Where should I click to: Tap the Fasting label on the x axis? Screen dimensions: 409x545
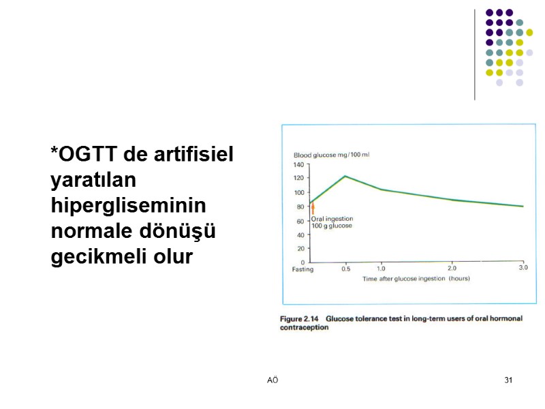[303, 269]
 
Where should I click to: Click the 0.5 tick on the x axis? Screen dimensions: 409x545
[346, 269]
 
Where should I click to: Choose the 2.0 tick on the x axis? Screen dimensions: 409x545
[452, 269]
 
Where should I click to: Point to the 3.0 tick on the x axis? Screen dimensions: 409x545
[523, 268]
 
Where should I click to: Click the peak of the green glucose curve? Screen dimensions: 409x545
[345, 176]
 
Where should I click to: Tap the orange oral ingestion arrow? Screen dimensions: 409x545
[313, 208]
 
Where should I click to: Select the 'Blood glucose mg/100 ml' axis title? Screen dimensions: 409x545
[331, 155]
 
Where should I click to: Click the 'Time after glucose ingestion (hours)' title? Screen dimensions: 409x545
[416, 279]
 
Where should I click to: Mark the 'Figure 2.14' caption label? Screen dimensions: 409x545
[300, 318]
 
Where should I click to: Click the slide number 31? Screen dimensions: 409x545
[508, 380]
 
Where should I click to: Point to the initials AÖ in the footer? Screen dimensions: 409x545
[272, 380]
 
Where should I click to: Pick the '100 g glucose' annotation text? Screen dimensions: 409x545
[332, 226]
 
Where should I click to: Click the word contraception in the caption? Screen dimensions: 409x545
[304, 327]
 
